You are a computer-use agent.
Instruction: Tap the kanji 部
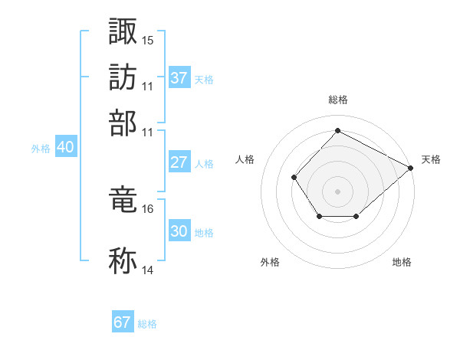pos(123,123)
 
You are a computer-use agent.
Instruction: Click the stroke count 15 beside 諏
pos(148,39)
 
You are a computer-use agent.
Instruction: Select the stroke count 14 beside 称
pos(148,270)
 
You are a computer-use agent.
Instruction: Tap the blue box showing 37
pos(179,78)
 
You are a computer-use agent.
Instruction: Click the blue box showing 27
pos(179,162)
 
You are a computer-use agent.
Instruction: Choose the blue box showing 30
pos(179,231)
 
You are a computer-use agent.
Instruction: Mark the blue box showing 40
pos(65,148)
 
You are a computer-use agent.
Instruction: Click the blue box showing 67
pos(123,322)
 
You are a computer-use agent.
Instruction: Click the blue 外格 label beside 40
pos(41,149)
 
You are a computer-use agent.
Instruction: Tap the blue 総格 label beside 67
pos(147,323)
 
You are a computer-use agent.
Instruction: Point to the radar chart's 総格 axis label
pos(338,100)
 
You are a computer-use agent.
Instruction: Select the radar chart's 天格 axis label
pos(431,159)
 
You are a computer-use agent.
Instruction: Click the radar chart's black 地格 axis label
pos(402,262)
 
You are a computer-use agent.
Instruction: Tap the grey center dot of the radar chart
pos(337,191)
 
